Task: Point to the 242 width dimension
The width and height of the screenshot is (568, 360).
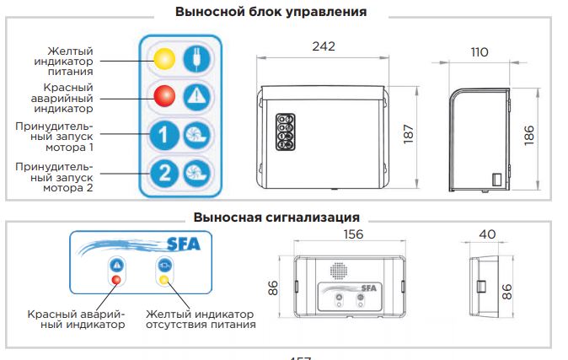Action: [x=324, y=46]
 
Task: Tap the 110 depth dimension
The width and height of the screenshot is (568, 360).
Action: [x=479, y=52]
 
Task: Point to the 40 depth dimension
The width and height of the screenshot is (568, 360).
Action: [x=486, y=234]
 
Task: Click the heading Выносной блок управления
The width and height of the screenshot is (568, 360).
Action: [x=271, y=13]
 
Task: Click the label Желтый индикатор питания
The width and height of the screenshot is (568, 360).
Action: [x=70, y=61]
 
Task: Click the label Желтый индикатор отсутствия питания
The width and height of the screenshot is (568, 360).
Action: [x=200, y=318]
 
